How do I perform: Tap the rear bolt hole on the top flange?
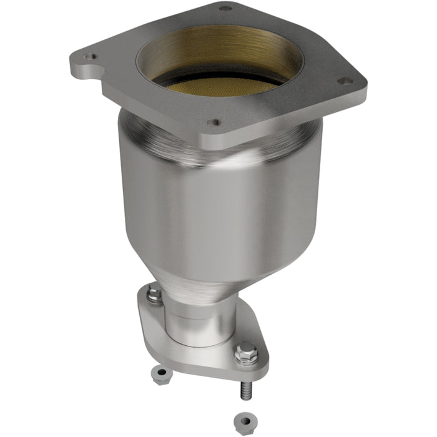pyautogui.click(x=225, y=8)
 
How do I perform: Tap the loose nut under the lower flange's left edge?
pyautogui.click(x=161, y=374)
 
